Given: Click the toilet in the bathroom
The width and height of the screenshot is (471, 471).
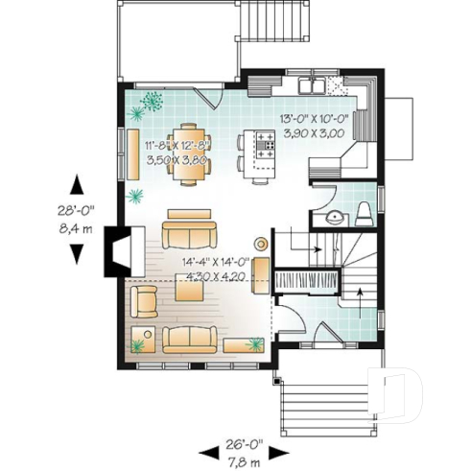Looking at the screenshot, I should pyautogui.click(x=365, y=212).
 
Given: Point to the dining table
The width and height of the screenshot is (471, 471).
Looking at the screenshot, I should pyautogui.click(x=186, y=152).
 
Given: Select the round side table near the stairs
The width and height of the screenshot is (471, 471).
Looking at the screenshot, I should pyautogui.click(x=259, y=243).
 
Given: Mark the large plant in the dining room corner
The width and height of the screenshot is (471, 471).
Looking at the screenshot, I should pyautogui.click(x=152, y=98).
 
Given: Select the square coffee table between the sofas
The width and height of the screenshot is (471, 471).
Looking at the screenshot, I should pyautogui.click(x=188, y=292).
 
